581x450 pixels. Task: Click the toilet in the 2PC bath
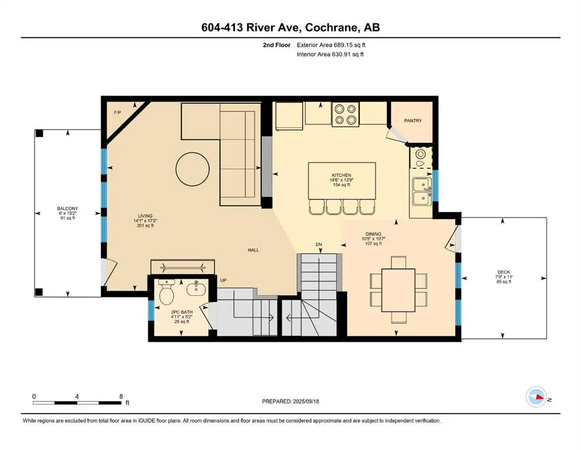[166, 291]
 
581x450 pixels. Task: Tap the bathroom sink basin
[196, 289]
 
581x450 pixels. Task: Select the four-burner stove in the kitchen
[346, 114]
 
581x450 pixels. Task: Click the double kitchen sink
[422, 191]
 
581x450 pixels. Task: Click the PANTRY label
[412, 121]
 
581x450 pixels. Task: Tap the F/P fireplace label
[118, 112]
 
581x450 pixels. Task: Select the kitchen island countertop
[342, 180]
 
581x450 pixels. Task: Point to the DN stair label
[319, 244]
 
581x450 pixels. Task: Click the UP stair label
[223, 280]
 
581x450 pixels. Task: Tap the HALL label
[253, 250]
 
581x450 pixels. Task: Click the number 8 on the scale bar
[121, 396]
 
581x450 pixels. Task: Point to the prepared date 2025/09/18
[305, 401]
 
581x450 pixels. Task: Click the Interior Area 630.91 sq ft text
[330, 54]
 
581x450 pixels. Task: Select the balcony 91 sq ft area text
[67, 218]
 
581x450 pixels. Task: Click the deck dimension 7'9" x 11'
[504, 277]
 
